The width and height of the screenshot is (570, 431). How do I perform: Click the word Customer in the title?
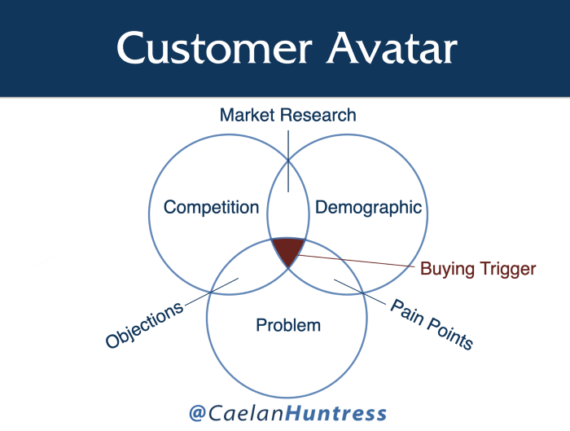[214, 48]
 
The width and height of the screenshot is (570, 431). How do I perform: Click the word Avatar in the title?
[392, 48]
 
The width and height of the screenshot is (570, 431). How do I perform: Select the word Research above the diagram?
[318, 115]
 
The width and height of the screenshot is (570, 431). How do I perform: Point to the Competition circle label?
[211, 208]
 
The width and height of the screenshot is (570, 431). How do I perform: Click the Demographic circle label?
[368, 208]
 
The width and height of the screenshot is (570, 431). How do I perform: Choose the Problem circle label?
[288, 325]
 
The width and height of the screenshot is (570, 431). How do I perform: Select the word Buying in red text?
[448, 269]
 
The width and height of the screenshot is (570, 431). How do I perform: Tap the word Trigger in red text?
[508, 269]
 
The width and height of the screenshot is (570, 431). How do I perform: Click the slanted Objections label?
[144, 325]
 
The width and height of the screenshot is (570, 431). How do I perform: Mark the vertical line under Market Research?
[288, 161]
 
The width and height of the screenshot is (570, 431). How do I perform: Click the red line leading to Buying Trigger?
[357, 261]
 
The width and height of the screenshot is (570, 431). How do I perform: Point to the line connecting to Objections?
[212, 292]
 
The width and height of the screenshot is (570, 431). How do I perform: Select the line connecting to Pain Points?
[360, 292]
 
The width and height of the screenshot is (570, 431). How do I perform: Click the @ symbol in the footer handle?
[197, 413]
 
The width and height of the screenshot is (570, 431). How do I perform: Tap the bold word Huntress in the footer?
[335, 413]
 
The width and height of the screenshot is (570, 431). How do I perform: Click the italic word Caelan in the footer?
[246, 413]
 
